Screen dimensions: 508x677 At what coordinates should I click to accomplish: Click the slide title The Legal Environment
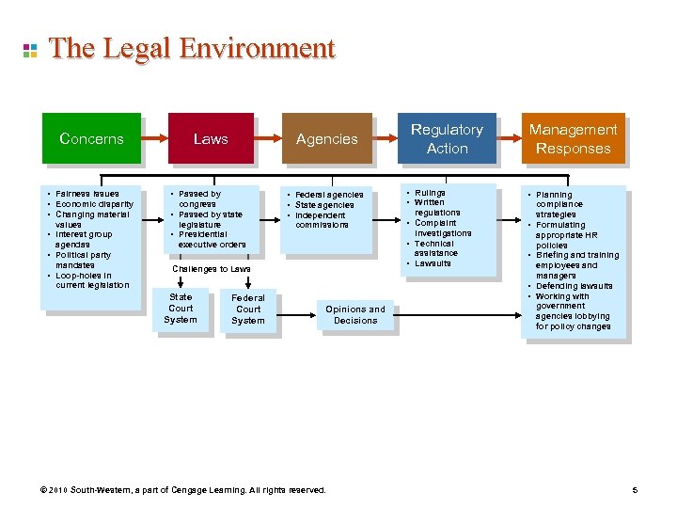[192, 48]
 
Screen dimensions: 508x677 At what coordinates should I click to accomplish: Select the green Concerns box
[91, 138]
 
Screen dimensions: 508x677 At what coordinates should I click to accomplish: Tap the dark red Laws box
[211, 138]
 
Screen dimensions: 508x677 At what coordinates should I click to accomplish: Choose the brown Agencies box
[326, 138]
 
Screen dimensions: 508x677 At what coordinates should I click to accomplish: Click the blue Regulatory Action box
[447, 138]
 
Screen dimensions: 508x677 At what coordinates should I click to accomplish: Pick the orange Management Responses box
[573, 138]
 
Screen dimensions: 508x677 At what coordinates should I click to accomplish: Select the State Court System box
[181, 309]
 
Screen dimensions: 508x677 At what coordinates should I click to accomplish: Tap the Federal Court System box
[248, 309]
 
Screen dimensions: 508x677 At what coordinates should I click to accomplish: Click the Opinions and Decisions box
[355, 314]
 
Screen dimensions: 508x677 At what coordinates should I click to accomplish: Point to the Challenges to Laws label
[212, 269]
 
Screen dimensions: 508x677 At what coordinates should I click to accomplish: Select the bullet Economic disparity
[94, 204]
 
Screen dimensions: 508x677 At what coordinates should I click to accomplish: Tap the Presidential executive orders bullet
[212, 239]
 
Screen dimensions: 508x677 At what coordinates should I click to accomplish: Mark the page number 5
[636, 490]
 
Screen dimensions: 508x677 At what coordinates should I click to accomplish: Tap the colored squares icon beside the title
[29, 49]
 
